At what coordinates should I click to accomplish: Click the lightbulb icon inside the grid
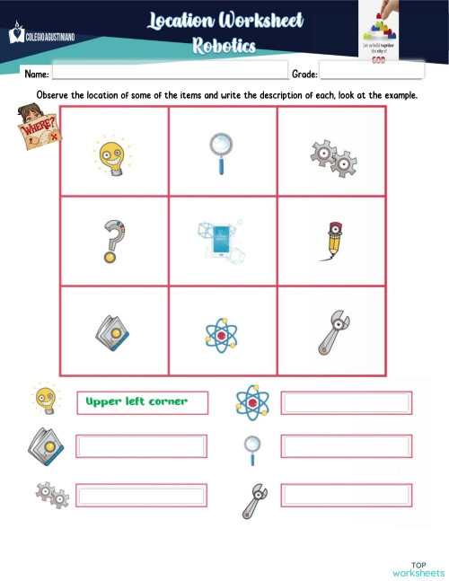tap(112, 153)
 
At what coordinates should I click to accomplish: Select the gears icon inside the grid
tap(333, 158)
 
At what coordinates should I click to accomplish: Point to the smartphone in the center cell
tap(219, 239)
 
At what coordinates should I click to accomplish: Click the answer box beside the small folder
tap(142, 445)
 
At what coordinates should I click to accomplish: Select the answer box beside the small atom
tap(348, 402)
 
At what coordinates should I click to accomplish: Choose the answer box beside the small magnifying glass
tap(348, 445)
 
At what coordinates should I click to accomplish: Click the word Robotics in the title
tap(224, 45)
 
